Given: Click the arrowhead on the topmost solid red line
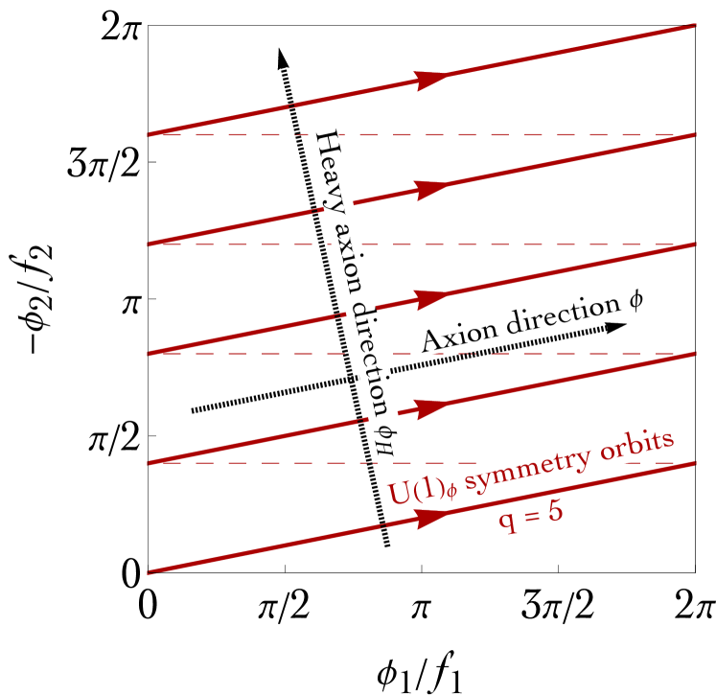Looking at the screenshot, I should point(432,80).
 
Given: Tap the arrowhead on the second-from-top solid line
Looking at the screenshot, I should point(432,189).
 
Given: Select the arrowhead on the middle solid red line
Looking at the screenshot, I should point(432,298).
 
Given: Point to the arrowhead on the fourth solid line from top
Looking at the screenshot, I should point(432,407).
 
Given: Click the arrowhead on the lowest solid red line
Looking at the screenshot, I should point(432,517).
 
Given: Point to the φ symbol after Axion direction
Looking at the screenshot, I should point(635,299).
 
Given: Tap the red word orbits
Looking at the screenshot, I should point(637,443).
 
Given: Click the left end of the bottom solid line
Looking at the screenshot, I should point(150,572).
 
